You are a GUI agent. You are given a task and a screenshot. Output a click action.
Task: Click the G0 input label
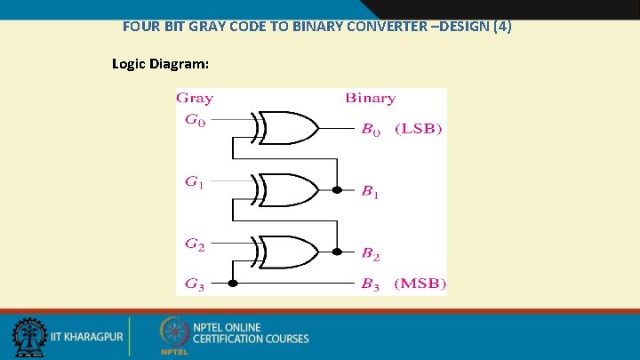(x=195, y=122)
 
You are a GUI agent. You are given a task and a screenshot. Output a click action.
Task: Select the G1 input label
(x=195, y=182)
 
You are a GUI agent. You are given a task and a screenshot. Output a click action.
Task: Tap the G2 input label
(x=195, y=243)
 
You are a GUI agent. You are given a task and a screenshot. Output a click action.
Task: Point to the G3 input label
(x=195, y=284)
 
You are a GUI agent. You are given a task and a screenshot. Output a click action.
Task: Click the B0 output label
(x=371, y=130)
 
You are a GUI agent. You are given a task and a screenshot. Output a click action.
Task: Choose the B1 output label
(x=371, y=191)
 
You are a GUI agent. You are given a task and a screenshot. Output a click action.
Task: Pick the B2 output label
(x=371, y=254)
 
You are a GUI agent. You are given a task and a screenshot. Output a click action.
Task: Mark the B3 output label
(x=371, y=284)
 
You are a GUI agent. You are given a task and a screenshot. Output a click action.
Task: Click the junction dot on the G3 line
(x=233, y=284)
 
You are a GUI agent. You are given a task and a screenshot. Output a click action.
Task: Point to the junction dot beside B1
(x=337, y=190)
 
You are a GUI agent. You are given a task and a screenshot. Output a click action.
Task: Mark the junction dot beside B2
(x=337, y=252)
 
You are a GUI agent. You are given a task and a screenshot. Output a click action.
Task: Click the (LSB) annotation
(x=417, y=130)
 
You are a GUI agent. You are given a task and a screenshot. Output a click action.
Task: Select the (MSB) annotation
(x=418, y=284)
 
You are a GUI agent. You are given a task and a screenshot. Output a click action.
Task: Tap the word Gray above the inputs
(x=195, y=99)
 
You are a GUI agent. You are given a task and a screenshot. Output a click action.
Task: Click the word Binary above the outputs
(x=370, y=98)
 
